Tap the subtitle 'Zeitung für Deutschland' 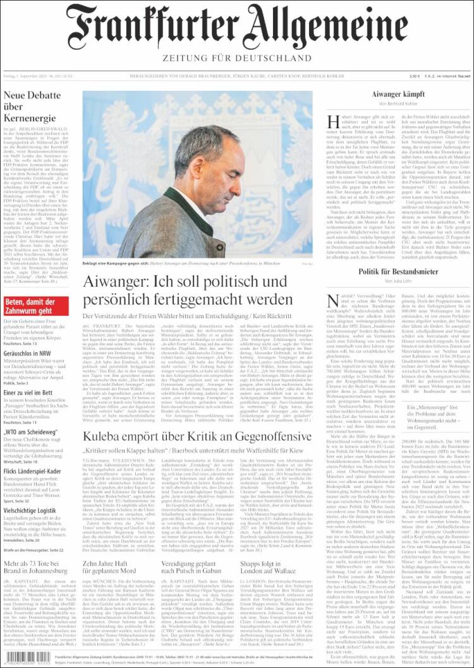coord(237,59)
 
